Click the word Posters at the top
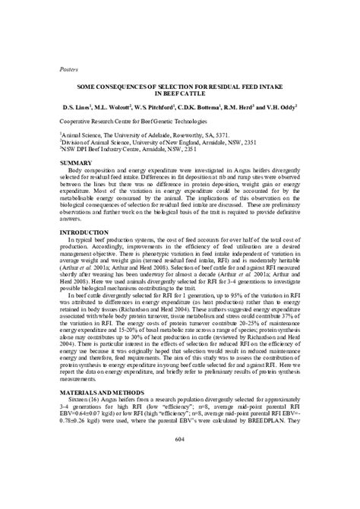[70, 68]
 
